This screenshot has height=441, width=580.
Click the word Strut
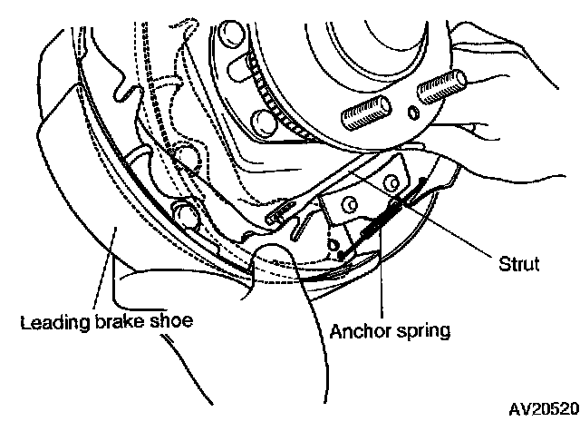click(519, 265)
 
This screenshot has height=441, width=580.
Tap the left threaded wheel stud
click(360, 114)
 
